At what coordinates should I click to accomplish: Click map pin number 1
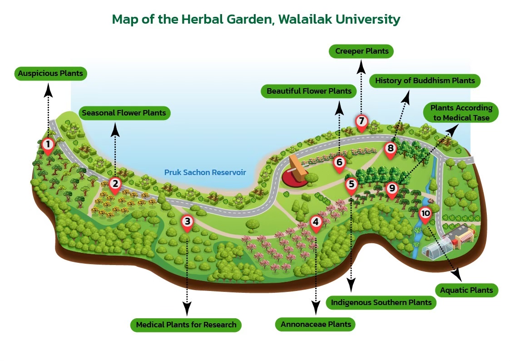click(47, 145)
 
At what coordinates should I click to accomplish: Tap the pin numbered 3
click(187, 222)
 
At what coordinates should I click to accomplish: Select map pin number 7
click(361, 121)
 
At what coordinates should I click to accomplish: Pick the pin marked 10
click(425, 213)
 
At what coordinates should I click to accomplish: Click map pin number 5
click(351, 185)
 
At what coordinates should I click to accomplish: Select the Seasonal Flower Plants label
click(124, 113)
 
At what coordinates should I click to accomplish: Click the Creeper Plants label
click(362, 51)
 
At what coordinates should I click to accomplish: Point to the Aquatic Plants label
click(466, 290)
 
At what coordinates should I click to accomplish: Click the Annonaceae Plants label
click(316, 325)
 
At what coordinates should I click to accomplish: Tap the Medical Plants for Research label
click(186, 325)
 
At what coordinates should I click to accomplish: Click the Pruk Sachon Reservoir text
click(205, 172)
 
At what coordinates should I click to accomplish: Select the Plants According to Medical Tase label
click(460, 113)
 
